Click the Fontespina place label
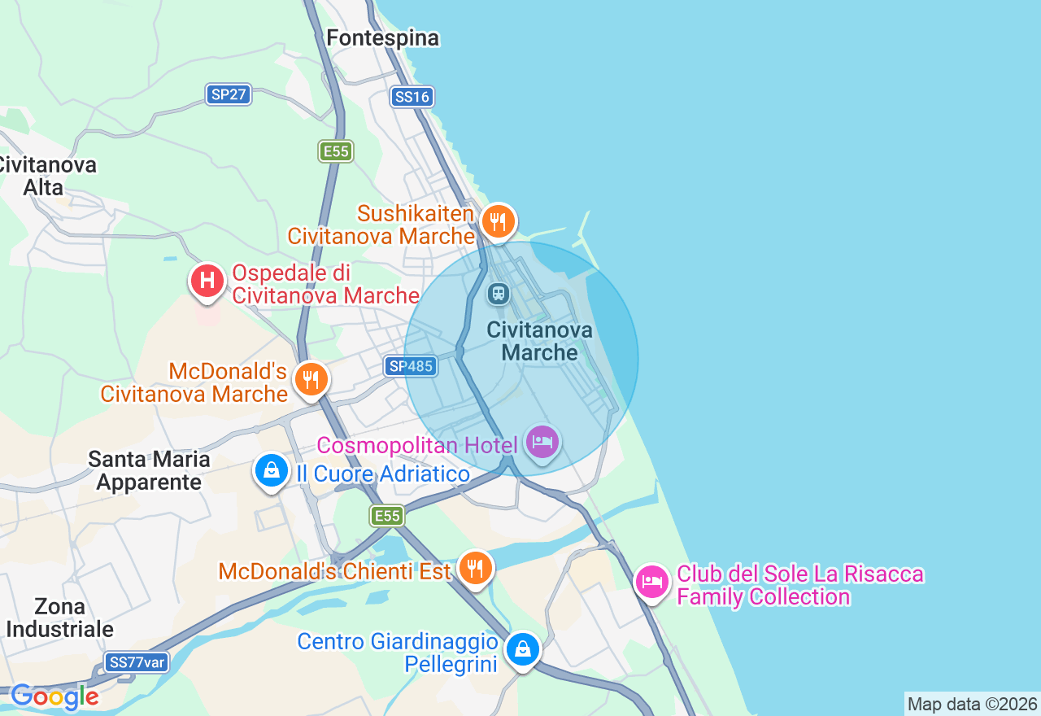click(382, 38)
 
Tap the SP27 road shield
click(229, 94)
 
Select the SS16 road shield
click(412, 97)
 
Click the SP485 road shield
click(411, 366)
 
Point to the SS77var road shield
click(137, 662)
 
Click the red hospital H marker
click(207, 282)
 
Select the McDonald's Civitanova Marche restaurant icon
click(310, 379)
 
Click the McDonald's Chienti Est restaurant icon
click(475, 567)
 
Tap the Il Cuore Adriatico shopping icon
click(272, 470)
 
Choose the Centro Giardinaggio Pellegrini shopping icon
click(522, 649)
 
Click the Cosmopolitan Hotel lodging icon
click(542, 443)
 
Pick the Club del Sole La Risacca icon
click(652, 582)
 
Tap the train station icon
click(498, 293)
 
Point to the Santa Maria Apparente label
click(149, 470)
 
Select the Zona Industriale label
click(60, 618)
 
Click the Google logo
click(54, 696)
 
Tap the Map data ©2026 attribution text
click(972, 704)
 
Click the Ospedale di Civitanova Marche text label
click(325, 283)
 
